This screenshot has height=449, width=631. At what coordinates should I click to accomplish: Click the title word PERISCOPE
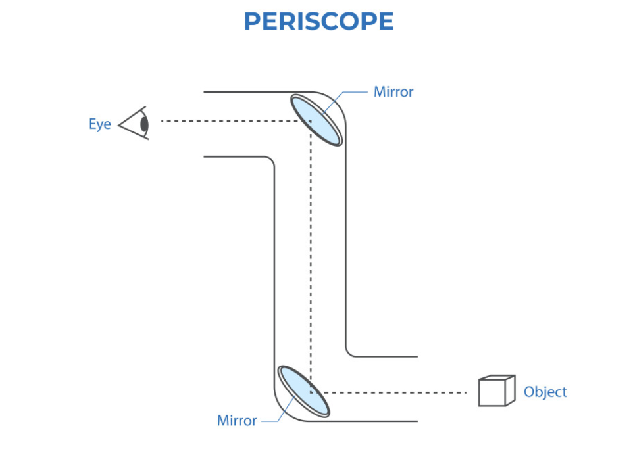318,22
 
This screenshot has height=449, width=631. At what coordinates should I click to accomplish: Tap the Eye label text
100,124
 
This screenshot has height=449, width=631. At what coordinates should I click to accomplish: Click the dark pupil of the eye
144,124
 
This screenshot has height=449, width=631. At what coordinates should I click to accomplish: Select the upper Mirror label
393,92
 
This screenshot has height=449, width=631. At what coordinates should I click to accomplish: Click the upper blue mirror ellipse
316,120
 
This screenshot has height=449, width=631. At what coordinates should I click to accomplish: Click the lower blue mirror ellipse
303,391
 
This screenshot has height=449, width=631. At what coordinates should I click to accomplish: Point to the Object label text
545,392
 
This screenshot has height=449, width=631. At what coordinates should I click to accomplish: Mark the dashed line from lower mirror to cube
395,392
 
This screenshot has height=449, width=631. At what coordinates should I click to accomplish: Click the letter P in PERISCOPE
252,22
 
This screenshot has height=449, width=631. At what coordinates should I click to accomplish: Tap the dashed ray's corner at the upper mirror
311,122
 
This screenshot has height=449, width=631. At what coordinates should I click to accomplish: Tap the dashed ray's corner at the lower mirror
311,392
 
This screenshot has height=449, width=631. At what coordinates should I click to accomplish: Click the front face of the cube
492,394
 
